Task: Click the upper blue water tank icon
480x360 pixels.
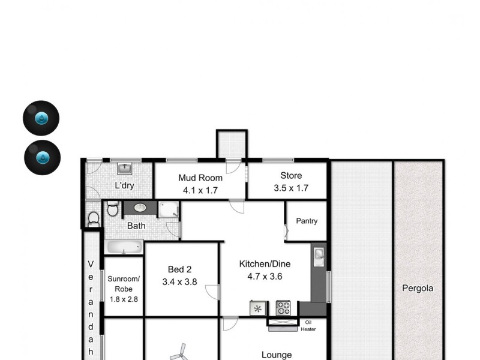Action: click(41, 118)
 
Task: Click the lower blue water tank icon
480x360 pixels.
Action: click(43, 158)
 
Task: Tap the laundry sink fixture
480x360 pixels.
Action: click(125, 167)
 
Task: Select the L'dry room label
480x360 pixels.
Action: click(124, 185)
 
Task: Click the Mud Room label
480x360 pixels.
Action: click(200, 178)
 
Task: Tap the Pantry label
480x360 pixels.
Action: click(307, 221)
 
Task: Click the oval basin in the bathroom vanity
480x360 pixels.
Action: click(140, 208)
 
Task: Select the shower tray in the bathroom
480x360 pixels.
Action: click(169, 209)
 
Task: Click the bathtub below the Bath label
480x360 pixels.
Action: click(124, 247)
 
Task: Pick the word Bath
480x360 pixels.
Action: click(136, 226)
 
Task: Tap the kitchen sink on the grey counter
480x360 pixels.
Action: click(319, 256)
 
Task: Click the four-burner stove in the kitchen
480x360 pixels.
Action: click(283, 308)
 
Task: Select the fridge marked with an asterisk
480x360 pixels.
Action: click(258, 308)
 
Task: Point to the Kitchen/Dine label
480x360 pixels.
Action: click(260, 263)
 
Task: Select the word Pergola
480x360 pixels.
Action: click(418, 288)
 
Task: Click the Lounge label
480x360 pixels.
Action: click(277, 355)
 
